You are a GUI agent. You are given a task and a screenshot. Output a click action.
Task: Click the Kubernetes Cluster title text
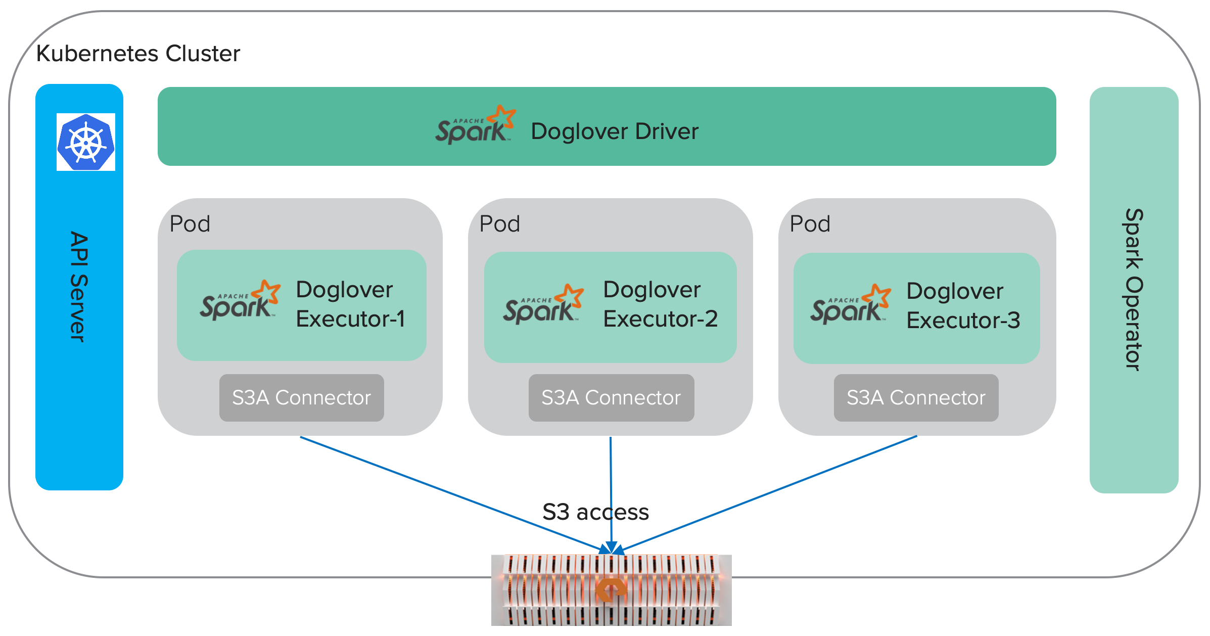click(x=138, y=53)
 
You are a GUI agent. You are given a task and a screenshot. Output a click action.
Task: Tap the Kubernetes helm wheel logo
click(x=86, y=142)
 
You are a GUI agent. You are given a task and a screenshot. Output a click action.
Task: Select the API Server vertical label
click(x=79, y=287)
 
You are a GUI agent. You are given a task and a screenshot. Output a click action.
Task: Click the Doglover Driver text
click(x=614, y=131)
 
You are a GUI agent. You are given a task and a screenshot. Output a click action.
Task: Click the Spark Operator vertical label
click(x=1133, y=290)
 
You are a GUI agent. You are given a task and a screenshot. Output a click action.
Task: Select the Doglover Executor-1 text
click(x=350, y=304)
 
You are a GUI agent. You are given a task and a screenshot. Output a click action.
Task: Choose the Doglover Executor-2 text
click(x=660, y=304)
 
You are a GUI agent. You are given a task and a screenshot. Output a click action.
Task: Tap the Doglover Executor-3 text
click(x=963, y=306)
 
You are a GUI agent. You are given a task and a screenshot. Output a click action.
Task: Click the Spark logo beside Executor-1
click(x=240, y=301)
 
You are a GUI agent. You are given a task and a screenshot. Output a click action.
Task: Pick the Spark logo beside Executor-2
click(x=543, y=304)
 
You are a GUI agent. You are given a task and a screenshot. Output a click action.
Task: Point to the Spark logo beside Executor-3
click(x=850, y=304)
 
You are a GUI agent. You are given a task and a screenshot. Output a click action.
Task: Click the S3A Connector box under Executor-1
click(x=301, y=398)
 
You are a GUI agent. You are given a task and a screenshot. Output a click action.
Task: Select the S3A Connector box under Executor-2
click(x=611, y=398)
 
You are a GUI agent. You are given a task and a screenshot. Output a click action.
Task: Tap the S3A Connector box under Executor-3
click(x=916, y=398)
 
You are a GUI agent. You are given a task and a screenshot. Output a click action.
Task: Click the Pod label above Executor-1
click(x=190, y=224)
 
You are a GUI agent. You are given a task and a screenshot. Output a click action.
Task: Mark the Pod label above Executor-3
click(x=810, y=224)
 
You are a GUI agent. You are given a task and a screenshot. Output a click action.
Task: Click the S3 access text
click(x=595, y=512)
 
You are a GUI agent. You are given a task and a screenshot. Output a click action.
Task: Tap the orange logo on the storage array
click(x=611, y=589)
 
